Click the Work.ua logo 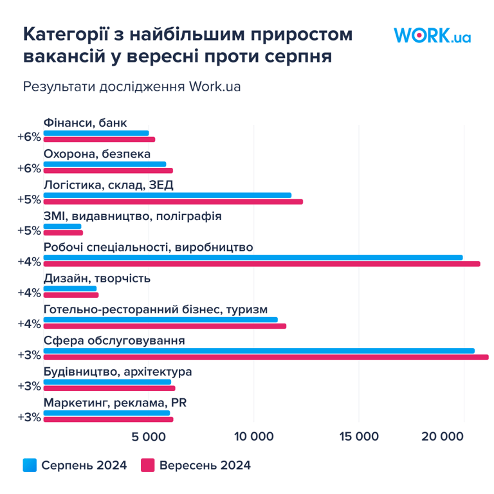pos(432,35)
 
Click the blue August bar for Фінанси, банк pos(96,133)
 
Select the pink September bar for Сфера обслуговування pos(266,358)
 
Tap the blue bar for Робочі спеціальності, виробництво pos(253,257)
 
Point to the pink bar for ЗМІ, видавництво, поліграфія pos(63,233)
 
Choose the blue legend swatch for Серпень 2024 pos(30,465)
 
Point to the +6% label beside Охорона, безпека pos(30,168)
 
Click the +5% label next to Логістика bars pos(30,199)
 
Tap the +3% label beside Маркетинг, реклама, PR pos(30,417)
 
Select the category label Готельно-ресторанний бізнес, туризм pos(155,309)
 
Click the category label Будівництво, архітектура pos(118,372)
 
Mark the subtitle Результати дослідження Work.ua pos(132,86)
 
